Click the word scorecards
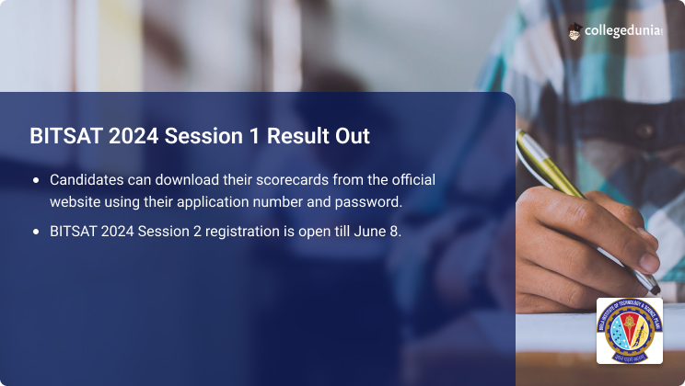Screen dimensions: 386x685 tap(285, 179)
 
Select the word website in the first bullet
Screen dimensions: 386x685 tap(77, 201)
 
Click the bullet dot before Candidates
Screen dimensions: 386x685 tap(36, 180)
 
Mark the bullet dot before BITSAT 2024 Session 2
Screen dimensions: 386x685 tap(36, 232)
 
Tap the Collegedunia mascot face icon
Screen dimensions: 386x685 tap(575, 30)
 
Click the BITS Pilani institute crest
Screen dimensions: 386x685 tap(630, 330)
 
